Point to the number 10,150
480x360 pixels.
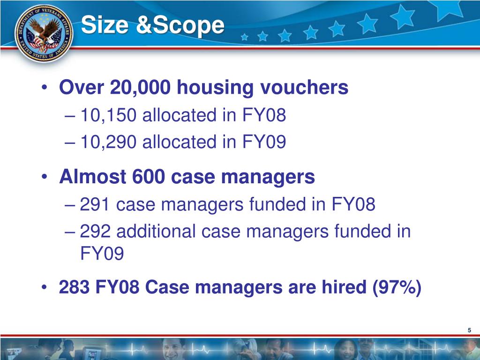click(108, 115)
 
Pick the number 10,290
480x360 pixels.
click(108, 142)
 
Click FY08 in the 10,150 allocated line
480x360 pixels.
click(264, 115)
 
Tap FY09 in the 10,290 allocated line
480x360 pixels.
click(264, 142)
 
